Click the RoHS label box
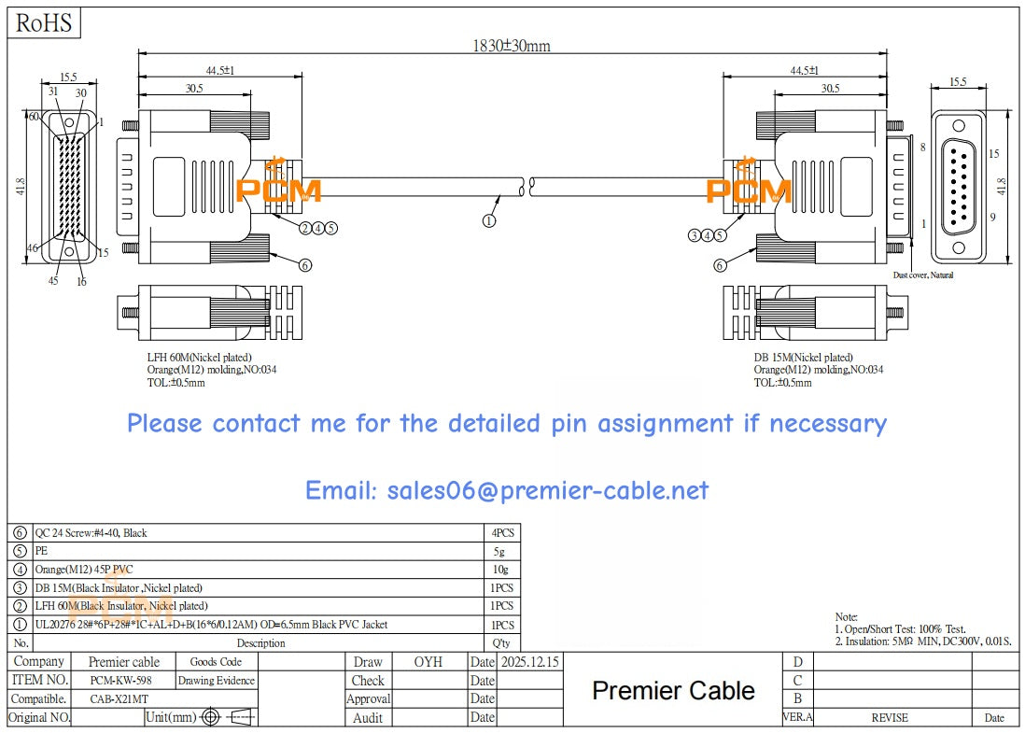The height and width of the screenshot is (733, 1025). click(44, 23)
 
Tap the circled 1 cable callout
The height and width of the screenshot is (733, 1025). click(488, 220)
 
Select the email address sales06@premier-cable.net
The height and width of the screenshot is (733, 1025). click(507, 490)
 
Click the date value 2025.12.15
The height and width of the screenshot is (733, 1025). click(529, 661)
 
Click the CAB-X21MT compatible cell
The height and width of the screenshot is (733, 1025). click(119, 698)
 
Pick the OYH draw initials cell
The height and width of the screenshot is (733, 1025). click(428, 661)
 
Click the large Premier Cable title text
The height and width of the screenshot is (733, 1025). click(673, 690)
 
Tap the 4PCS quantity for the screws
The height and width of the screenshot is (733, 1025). click(502, 532)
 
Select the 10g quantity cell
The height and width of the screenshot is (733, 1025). click(502, 570)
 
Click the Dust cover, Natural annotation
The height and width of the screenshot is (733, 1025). click(922, 275)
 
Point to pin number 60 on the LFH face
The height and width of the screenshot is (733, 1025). click(34, 117)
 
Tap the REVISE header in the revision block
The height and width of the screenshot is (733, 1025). click(889, 717)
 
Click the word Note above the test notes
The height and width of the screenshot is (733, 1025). click(846, 617)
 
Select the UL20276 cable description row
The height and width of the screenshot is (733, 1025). click(211, 625)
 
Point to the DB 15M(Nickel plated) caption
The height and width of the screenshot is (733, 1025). click(803, 357)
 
